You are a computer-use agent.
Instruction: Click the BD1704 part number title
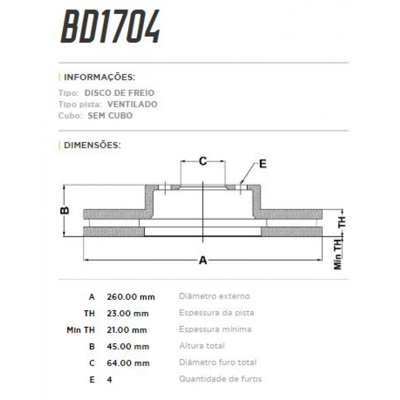110,27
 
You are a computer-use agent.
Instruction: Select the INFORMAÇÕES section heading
99,77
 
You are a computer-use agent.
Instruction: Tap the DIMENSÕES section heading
92,145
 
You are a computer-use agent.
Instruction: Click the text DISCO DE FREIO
119,93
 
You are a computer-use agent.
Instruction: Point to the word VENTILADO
132,104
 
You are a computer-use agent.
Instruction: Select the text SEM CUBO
110,116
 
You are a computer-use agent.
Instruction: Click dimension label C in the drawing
203,161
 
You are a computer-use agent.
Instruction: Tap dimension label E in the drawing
263,164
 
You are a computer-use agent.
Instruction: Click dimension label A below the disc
203,260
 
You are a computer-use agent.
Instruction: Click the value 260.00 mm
131,297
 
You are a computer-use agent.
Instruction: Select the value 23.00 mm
128,313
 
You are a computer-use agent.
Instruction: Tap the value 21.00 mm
127,330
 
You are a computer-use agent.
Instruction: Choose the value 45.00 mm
128,347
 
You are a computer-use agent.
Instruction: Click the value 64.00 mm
128,363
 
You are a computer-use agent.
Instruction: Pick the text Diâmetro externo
214,296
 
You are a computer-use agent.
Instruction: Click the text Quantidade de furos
220,379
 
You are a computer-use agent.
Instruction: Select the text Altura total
202,346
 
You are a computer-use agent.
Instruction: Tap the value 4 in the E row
110,380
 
